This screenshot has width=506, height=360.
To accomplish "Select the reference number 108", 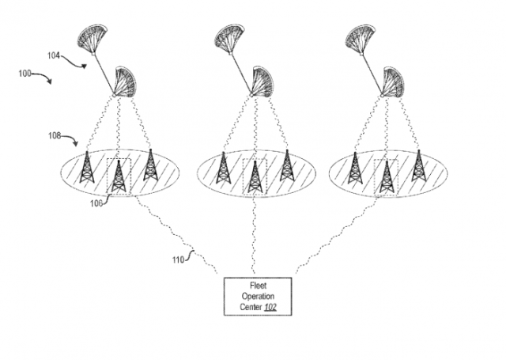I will (54, 135).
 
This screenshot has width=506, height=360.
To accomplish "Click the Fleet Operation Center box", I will (257, 296).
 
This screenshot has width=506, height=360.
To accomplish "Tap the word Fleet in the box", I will (257, 285).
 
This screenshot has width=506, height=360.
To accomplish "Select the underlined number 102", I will (270, 307).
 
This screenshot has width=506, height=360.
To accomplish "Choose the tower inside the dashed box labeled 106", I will (119, 176).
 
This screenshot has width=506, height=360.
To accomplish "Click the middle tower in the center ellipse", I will (255, 176).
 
